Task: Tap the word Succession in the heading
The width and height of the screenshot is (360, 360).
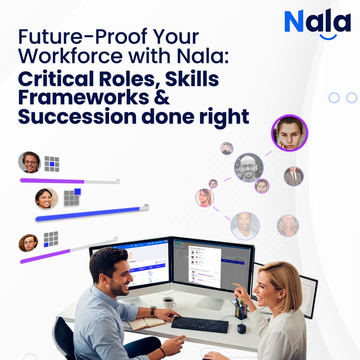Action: [x=75, y=116]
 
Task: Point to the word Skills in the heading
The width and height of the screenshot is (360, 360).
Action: [x=192, y=79]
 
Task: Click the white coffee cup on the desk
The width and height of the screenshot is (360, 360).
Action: [x=169, y=302]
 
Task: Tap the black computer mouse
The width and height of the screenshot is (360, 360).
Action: [x=242, y=328]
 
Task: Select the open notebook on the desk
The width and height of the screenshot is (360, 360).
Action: [x=145, y=323]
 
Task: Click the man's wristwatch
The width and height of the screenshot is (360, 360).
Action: [x=153, y=311]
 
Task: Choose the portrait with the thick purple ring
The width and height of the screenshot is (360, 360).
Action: [x=289, y=133]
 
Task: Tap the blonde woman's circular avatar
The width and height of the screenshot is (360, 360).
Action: [x=288, y=225]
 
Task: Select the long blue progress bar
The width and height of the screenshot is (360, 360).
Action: [x=90, y=214]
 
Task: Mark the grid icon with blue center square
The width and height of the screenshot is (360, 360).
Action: [x=52, y=164]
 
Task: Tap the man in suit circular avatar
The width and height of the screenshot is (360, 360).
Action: [x=293, y=176]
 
